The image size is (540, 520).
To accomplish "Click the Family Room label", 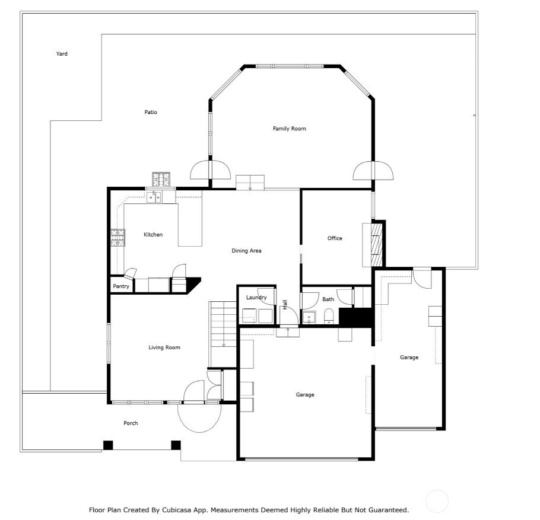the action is (x=290, y=129).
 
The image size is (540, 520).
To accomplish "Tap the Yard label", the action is (x=62, y=54).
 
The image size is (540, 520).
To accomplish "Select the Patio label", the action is (x=151, y=112).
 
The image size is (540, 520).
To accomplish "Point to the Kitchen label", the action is (x=153, y=235).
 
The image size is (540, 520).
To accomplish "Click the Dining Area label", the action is (x=246, y=251).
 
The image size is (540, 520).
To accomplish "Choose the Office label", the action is (x=335, y=238).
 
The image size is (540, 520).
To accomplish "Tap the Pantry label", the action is (x=121, y=286).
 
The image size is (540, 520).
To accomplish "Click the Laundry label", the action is (x=256, y=298).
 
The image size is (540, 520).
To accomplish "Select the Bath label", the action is (x=328, y=299).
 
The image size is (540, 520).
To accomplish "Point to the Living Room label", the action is (x=164, y=347).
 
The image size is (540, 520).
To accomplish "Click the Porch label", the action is (x=131, y=423).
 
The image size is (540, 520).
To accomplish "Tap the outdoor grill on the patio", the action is (x=161, y=179).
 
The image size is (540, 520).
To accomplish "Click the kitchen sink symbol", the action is (x=154, y=197).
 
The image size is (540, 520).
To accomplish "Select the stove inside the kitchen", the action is (x=117, y=238).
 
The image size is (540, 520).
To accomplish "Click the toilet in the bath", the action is (x=329, y=316).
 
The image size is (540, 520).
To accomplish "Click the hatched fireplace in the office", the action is (x=377, y=245).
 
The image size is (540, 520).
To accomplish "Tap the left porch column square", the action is (x=108, y=445).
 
